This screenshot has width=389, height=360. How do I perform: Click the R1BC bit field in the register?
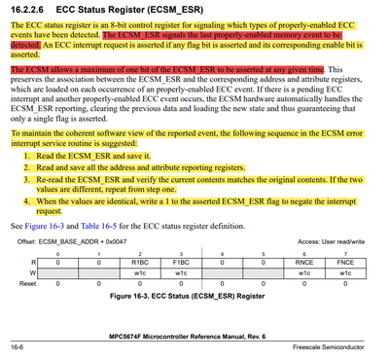coord(139,263)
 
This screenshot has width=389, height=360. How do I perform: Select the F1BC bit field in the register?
coord(181,263)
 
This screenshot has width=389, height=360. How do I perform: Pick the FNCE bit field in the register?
coord(345,263)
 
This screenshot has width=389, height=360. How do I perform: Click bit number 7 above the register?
coord(345,252)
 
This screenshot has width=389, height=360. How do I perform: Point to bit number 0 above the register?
coord(57,252)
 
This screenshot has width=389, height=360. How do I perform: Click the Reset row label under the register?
coord(26,284)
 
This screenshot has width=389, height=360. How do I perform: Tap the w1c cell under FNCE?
coord(345,273)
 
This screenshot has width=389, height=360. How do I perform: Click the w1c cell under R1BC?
coord(139,273)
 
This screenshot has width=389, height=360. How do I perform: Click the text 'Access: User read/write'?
coord(336,241)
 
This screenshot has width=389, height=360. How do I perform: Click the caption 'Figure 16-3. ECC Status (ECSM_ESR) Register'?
coord(194,295)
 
